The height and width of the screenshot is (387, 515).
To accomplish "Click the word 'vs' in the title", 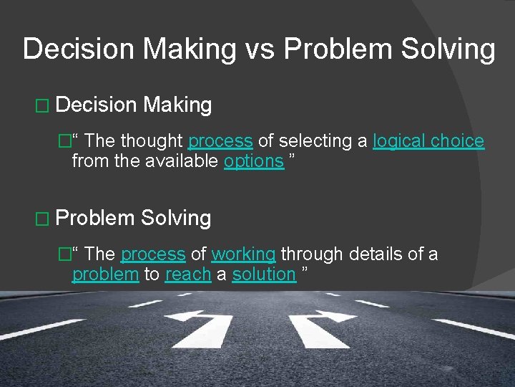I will pyautogui.click(x=260, y=49).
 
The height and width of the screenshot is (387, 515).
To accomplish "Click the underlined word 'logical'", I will pyautogui.click(x=398, y=141).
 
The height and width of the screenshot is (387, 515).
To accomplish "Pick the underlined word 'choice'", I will pyautogui.click(x=458, y=141).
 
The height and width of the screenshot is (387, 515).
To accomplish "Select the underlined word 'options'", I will pyautogui.click(x=254, y=161).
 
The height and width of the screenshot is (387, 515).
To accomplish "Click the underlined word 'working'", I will pyautogui.click(x=243, y=254).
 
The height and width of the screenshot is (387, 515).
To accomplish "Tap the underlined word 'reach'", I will pyautogui.click(x=187, y=274).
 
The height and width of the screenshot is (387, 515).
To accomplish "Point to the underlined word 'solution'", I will pyautogui.click(x=264, y=274).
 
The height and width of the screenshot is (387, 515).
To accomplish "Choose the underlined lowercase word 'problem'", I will pyautogui.click(x=105, y=274).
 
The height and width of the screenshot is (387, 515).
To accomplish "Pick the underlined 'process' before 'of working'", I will pyautogui.click(x=154, y=254).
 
